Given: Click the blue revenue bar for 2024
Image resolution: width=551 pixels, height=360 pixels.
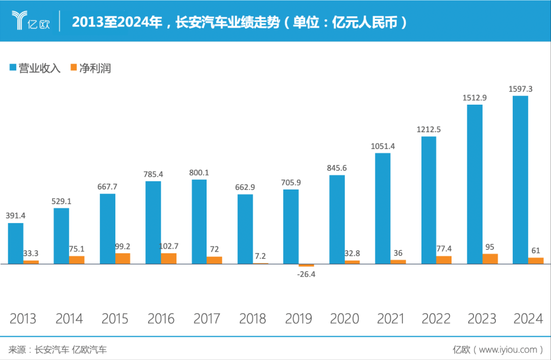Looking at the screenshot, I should (x=520, y=180).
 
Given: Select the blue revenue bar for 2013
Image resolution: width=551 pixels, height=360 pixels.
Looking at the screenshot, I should (x=16, y=243).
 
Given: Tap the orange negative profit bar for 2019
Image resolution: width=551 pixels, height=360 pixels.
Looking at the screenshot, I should (x=307, y=266).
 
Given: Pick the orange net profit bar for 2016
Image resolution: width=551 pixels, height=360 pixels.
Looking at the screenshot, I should (x=169, y=258).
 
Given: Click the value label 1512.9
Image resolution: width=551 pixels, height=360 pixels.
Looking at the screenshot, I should (x=474, y=97).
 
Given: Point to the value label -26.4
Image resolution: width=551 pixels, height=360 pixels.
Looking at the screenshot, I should (x=307, y=274).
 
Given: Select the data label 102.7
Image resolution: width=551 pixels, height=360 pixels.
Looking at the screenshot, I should (x=169, y=246).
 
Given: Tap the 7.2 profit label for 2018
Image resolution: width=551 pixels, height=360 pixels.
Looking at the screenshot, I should (x=261, y=255).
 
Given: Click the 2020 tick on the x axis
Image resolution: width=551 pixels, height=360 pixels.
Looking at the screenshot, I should (x=344, y=319).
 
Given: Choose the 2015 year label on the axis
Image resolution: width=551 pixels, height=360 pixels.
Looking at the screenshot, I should (x=115, y=319).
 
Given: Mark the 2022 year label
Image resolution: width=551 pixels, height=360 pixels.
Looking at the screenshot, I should (x=436, y=319).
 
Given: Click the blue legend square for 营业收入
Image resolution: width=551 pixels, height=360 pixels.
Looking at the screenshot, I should (x=13, y=67).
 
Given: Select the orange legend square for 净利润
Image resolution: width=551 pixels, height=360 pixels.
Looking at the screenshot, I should (x=73, y=67).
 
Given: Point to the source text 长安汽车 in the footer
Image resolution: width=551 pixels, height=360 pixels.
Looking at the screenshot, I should (x=51, y=350).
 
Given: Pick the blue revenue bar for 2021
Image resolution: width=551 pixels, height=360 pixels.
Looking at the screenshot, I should (x=383, y=208).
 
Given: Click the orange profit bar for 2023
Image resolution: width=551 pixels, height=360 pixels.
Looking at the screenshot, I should (x=490, y=259).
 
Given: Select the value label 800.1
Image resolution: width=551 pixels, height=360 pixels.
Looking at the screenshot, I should (x=199, y=173).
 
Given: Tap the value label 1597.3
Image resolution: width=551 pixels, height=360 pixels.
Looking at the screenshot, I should (x=520, y=89).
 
